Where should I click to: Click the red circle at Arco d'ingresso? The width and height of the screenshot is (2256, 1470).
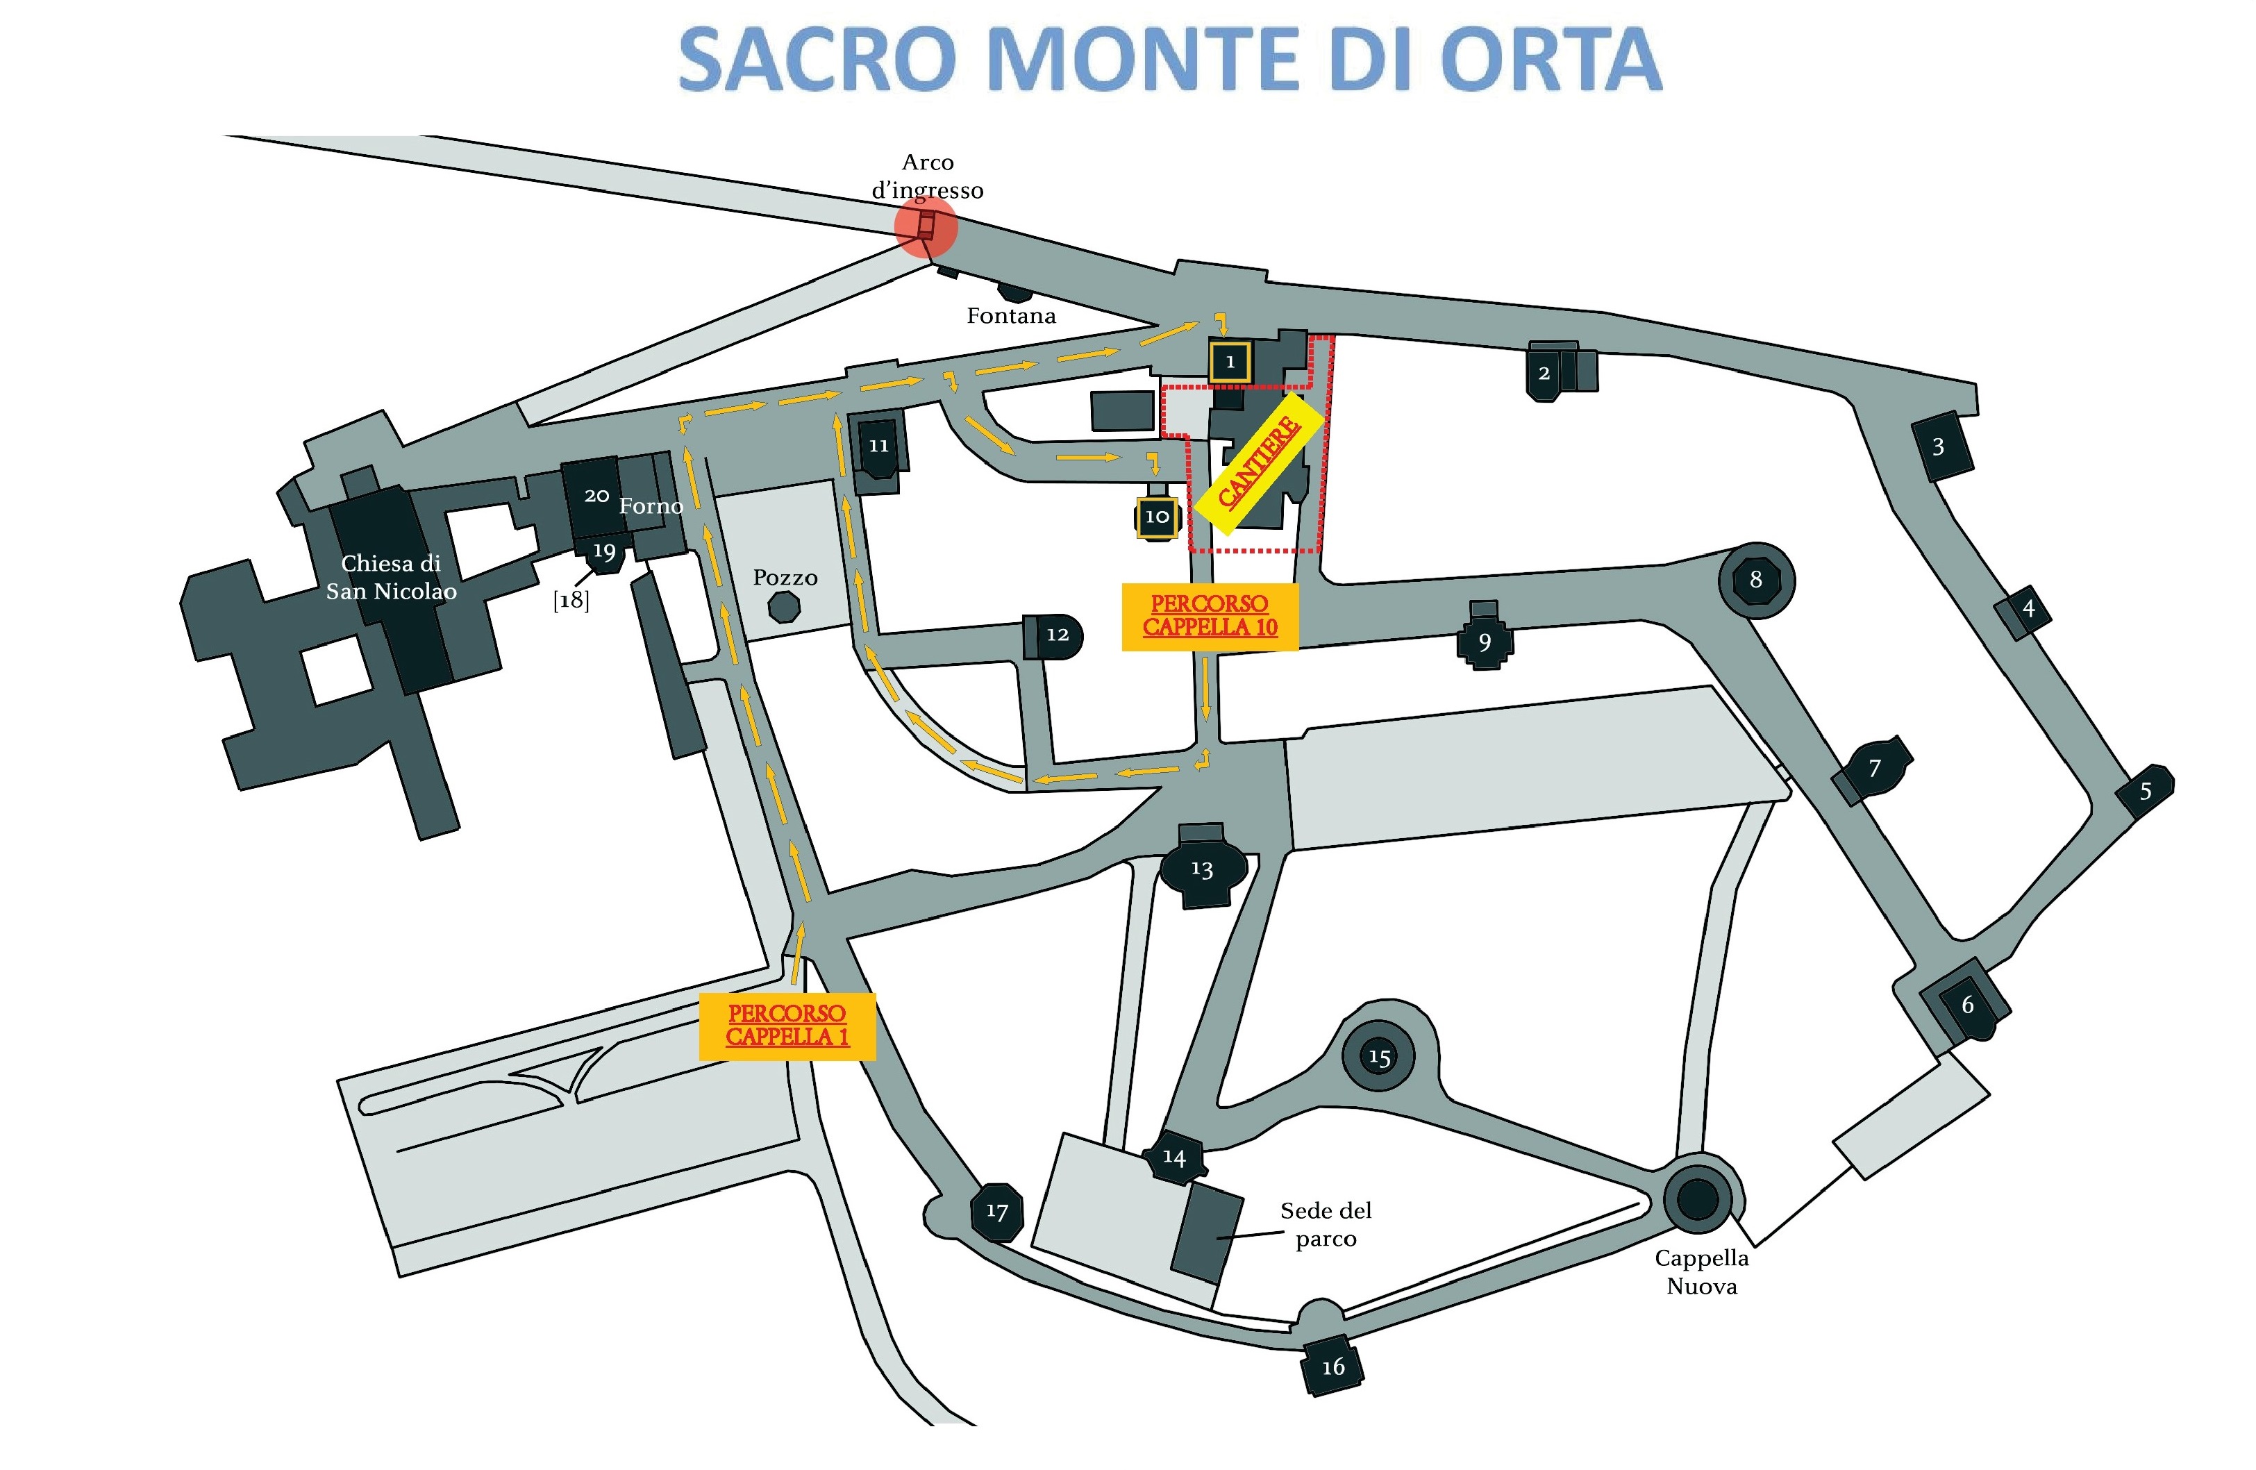point(926,226)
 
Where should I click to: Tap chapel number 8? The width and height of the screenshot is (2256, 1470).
point(1755,579)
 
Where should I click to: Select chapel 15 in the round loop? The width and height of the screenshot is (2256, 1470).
point(1379,1056)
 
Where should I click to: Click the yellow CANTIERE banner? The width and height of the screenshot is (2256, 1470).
point(1259,465)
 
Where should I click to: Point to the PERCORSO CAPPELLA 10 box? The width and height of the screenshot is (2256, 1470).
point(1210,616)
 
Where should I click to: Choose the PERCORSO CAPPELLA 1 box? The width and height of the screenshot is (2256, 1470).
point(787,1026)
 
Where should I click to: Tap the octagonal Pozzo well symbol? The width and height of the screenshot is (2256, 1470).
point(784,607)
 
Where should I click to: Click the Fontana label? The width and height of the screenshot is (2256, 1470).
point(1010,316)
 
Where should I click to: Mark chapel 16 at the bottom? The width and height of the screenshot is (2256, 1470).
point(1332,1367)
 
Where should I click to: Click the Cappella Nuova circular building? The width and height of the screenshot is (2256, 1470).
point(1698,1199)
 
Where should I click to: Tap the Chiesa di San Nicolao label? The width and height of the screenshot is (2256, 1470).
point(390,577)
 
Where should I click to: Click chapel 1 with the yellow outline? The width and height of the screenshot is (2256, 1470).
point(1230,362)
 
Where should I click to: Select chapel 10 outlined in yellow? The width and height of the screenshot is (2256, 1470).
point(1156,517)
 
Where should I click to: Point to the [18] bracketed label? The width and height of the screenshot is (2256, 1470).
point(571,601)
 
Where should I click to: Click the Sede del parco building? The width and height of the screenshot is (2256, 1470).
point(1207,1231)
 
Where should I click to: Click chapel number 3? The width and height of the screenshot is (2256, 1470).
point(1939,446)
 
